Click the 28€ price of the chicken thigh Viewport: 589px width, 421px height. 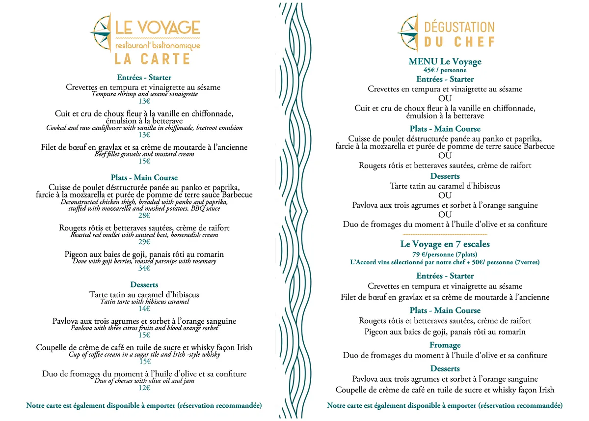point(144,216)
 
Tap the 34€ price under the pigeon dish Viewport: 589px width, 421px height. point(144,268)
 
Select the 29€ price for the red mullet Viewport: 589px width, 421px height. point(144,242)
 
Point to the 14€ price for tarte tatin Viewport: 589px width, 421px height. point(144,309)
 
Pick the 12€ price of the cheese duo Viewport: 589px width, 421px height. point(144,388)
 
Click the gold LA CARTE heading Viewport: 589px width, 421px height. point(152,59)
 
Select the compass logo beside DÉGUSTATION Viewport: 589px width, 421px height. point(408,33)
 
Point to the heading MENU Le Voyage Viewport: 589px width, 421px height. point(445,62)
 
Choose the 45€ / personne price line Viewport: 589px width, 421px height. point(445,70)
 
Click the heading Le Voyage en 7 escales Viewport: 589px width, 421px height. point(445,244)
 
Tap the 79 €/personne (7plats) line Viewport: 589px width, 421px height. point(445,254)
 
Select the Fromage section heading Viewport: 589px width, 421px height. point(445,345)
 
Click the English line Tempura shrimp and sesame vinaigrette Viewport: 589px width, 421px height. point(144,94)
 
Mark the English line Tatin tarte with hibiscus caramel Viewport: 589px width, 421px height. point(144,302)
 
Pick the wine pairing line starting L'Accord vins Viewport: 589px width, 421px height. point(445,263)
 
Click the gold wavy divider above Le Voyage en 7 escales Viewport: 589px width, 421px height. point(445,235)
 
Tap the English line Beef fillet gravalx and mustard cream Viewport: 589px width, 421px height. point(144,154)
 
